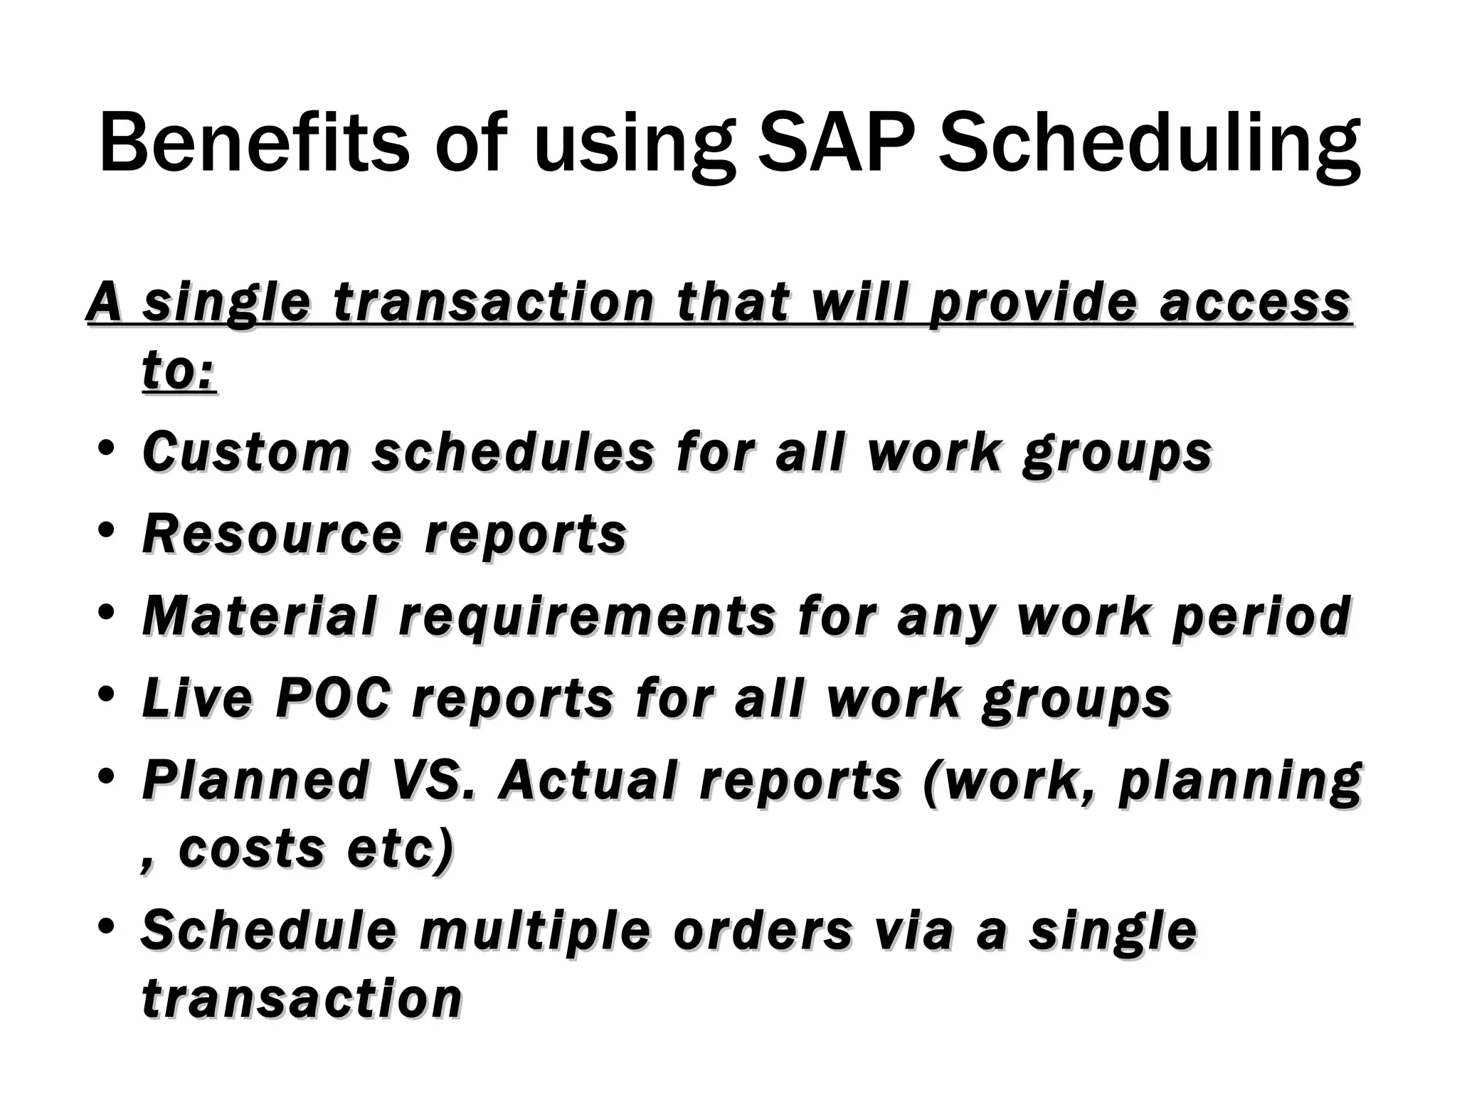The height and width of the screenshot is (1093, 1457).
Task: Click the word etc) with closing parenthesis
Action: tap(399, 850)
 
